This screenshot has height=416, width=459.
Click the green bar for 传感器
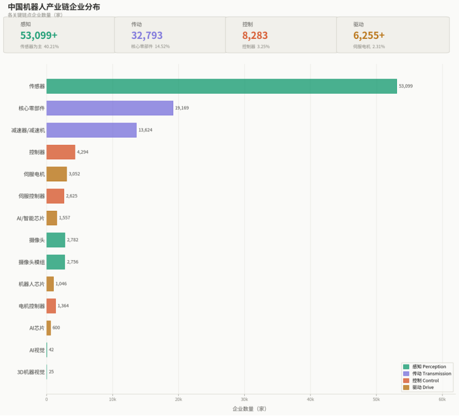(x=221, y=86)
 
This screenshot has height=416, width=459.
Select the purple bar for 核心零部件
(x=110, y=108)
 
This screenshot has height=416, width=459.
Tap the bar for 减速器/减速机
(x=91, y=130)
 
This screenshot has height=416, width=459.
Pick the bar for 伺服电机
(x=56, y=174)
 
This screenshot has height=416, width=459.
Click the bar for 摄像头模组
(x=55, y=262)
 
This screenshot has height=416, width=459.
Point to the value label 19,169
(x=182, y=108)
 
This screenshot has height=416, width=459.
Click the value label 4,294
(x=83, y=152)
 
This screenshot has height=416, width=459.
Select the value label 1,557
(x=64, y=218)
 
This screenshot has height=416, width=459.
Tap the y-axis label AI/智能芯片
(x=30, y=218)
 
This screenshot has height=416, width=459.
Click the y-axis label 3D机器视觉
(x=31, y=372)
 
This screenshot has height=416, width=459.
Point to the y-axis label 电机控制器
(x=32, y=306)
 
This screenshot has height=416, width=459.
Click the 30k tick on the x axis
(x=244, y=399)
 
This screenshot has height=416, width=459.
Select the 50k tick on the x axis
(x=376, y=399)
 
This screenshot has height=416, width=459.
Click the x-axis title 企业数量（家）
(x=249, y=409)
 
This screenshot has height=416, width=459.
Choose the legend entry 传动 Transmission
(x=431, y=374)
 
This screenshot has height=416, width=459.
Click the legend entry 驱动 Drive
(x=423, y=387)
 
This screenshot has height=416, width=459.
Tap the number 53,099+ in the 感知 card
(x=39, y=35)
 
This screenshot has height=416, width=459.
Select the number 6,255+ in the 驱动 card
(x=369, y=35)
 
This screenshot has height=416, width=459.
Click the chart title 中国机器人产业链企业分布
(x=54, y=7)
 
